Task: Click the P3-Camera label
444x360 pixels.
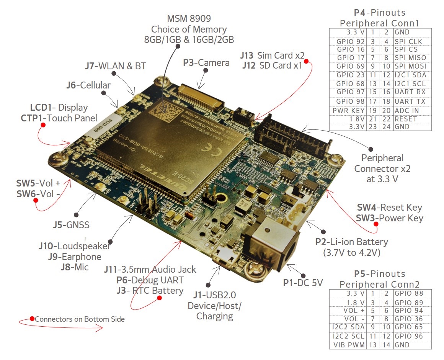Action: (x=206, y=62)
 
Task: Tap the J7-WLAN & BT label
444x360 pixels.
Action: (x=115, y=66)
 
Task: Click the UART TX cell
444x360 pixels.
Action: (x=409, y=101)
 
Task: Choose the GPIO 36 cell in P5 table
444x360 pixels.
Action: (x=409, y=319)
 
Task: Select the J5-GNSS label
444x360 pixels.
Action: (x=71, y=225)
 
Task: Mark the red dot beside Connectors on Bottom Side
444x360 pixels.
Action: (x=32, y=319)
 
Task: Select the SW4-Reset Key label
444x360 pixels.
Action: (x=389, y=208)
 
